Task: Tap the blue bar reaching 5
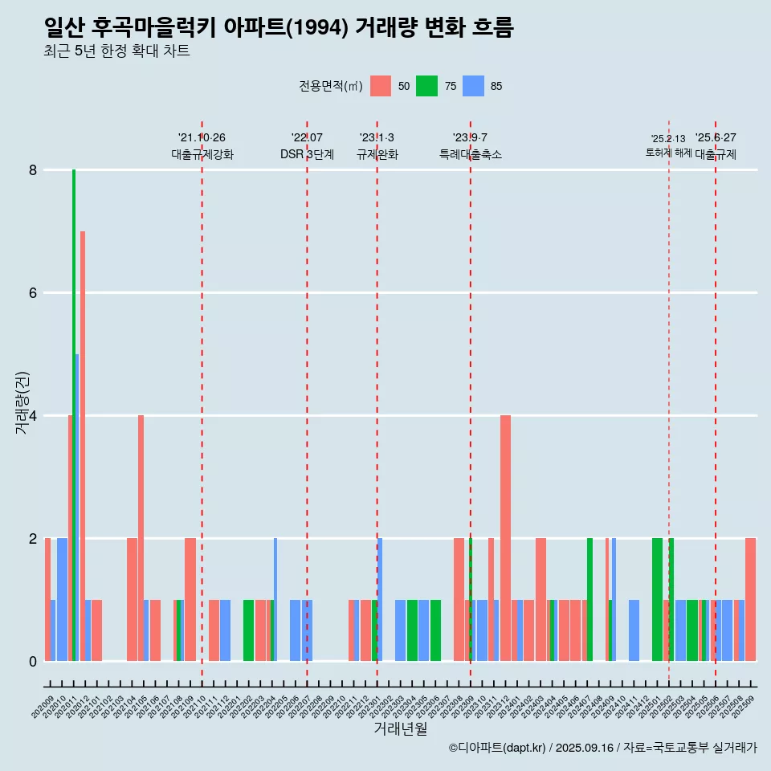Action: coord(77,506)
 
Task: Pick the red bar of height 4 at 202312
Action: coord(505,538)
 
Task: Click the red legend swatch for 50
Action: coord(381,86)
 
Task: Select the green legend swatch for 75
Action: coord(426,86)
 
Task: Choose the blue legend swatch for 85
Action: coord(474,86)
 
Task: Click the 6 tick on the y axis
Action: coord(33,293)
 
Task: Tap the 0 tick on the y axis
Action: coord(33,662)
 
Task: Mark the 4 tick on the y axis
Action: coord(33,416)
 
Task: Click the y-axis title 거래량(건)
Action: coord(22,402)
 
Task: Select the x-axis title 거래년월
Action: coord(400,728)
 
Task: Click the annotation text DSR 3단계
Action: coord(307,154)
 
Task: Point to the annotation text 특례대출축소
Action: coord(471,154)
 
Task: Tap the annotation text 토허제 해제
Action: coord(668,153)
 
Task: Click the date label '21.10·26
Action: coord(202,138)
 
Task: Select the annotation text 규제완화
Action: coord(377,154)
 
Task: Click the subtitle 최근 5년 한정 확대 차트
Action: coord(116,51)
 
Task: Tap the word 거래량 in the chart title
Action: coord(385,28)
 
